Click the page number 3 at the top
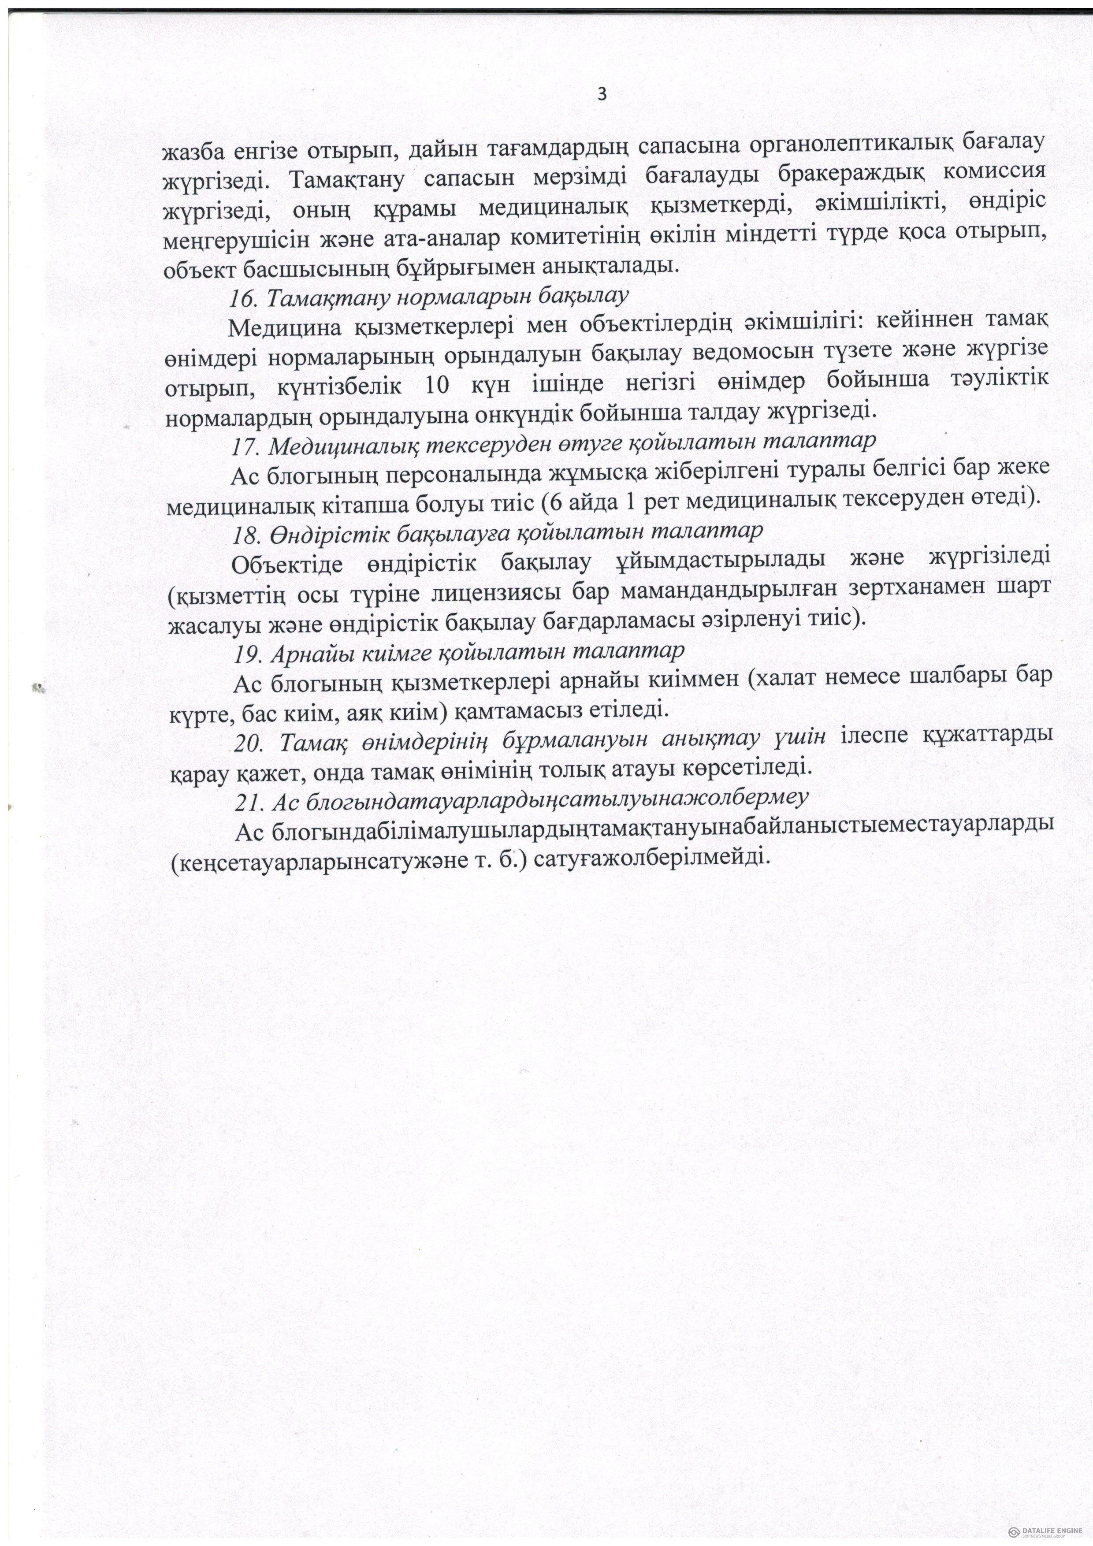[x=602, y=94]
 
